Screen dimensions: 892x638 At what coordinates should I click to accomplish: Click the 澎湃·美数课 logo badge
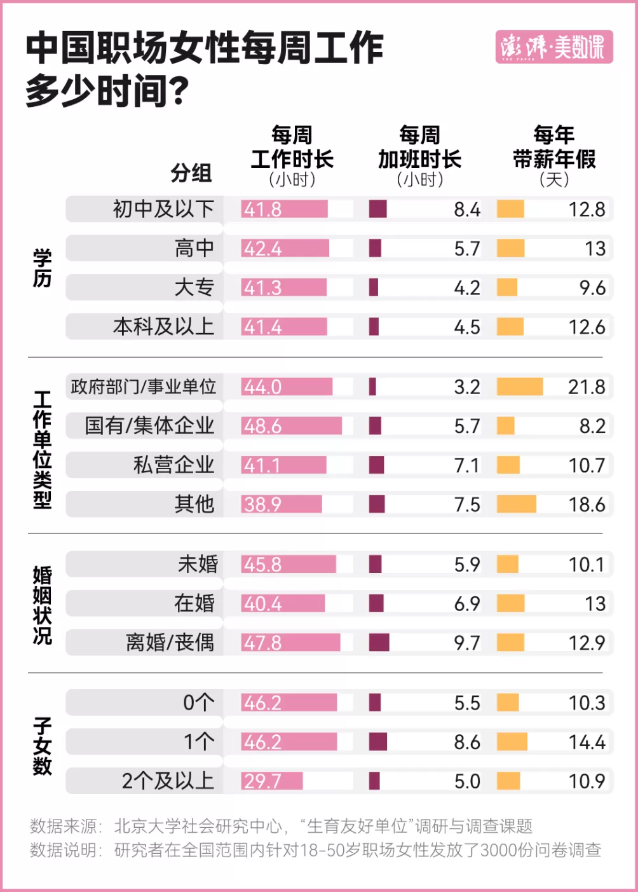click(x=553, y=47)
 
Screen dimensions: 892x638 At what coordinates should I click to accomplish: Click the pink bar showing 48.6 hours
click(x=292, y=426)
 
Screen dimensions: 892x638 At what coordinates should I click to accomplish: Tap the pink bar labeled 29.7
click(x=272, y=781)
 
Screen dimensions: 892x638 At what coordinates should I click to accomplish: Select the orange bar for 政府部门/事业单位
click(x=519, y=387)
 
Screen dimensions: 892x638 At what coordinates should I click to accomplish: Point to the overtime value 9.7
click(x=467, y=643)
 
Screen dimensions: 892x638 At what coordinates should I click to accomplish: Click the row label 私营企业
click(x=173, y=465)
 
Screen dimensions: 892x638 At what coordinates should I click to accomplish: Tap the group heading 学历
click(x=42, y=268)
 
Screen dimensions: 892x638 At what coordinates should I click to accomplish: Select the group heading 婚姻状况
click(x=42, y=605)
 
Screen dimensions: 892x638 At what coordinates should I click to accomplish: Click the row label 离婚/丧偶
click(x=170, y=643)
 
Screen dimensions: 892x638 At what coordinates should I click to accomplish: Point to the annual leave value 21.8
click(x=587, y=387)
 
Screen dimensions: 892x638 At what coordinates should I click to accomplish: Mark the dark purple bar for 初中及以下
click(x=377, y=209)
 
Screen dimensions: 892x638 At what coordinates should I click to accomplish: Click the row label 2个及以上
click(x=168, y=781)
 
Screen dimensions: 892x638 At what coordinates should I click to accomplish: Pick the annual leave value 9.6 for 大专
click(x=592, y=288)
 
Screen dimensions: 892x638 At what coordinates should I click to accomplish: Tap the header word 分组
click(x=191, y=173)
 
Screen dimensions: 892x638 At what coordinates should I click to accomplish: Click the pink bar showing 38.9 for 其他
click(x=282, y=505)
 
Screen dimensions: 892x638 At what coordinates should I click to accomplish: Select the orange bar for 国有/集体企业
click(x=505, y=426)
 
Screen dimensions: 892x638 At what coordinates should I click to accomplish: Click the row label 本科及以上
click(x=163, y=327)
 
